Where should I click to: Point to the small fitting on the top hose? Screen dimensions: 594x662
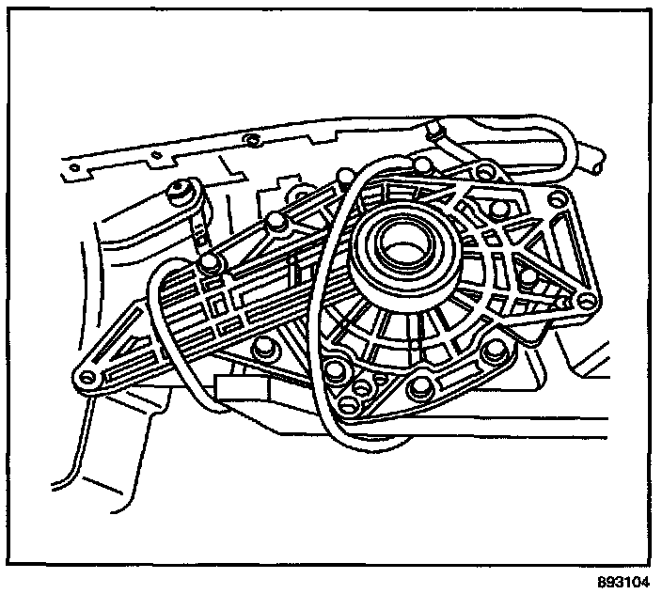435,127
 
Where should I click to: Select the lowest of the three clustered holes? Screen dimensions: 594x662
351,405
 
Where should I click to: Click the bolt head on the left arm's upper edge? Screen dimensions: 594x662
276,223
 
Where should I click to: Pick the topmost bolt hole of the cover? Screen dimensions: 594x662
485,173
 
